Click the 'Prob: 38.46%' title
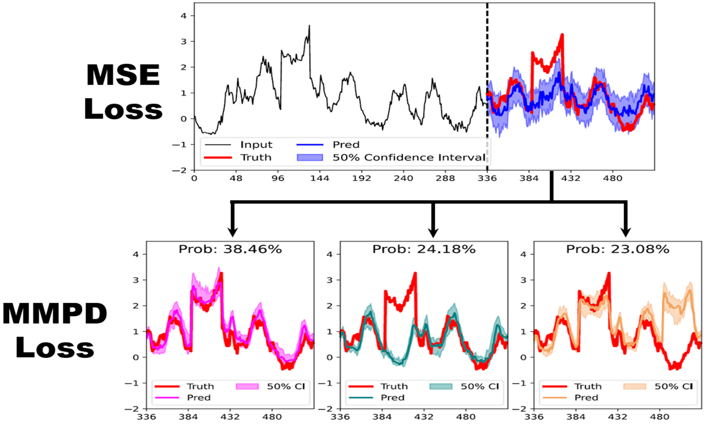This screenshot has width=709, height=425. [x=230, y=249]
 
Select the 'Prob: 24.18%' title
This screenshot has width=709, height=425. [x=424, y=249]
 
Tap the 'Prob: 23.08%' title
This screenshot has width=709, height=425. [x=618, y=249]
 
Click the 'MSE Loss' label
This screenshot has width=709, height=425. [x=123, y=92]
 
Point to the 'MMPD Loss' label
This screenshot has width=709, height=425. [x=55, y=330]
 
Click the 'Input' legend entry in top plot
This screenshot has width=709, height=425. [x=256, y=145]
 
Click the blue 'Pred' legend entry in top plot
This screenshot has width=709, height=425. [x=346, y=145]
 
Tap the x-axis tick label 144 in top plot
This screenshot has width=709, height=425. [x=319, y=178]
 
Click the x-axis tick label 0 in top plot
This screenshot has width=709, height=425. [x=194, y=178]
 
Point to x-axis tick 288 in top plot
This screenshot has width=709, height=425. [x=445, y=178]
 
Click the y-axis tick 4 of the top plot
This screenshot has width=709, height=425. [x=183, y=16]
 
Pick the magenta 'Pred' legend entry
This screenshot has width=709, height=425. [x=199, y=398]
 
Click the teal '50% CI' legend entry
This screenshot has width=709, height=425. [x=479, y=386]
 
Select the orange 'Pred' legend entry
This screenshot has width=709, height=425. [x=586, y=398]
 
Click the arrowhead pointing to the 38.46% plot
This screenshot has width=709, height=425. [x=233, y=232]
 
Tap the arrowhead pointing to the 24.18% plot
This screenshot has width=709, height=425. [x=433, y=232]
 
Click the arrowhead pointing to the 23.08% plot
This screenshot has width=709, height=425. [x=626, y=232]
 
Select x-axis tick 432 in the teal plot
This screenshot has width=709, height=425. [x=424, y=417]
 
